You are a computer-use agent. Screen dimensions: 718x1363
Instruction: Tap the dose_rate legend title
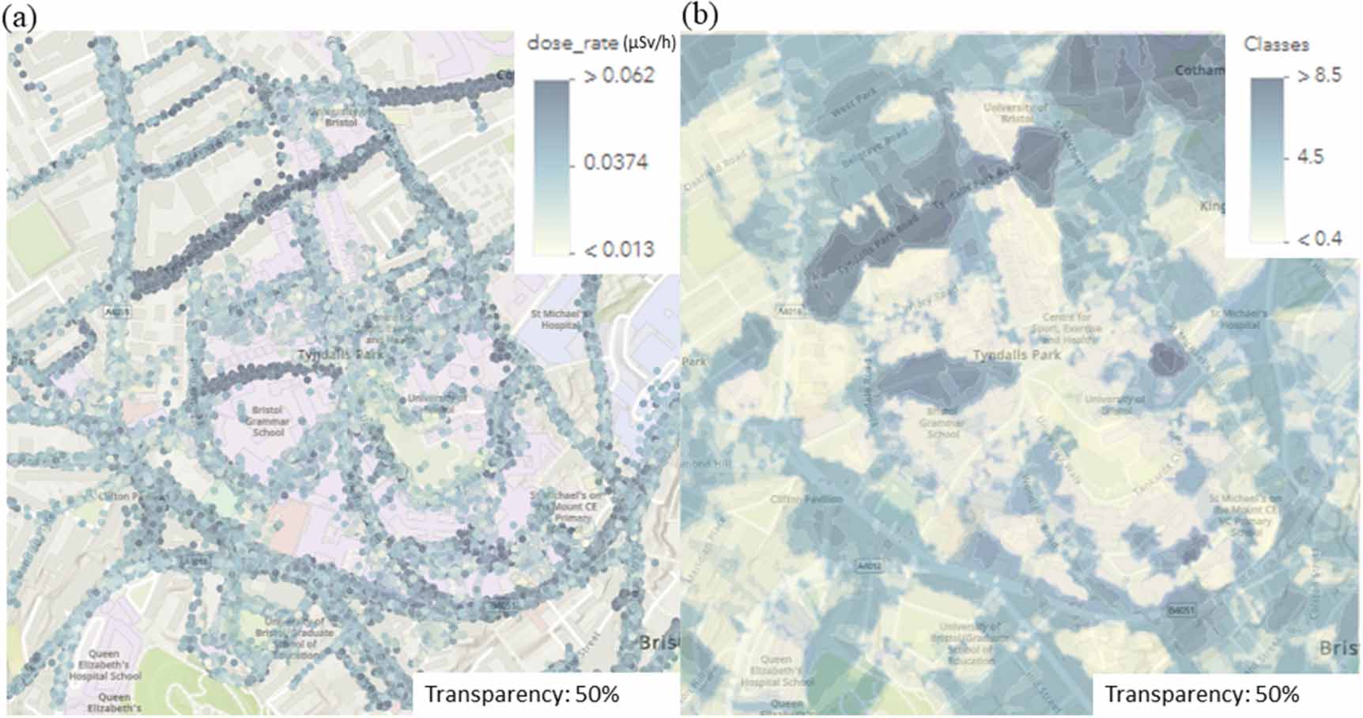coord(601,43)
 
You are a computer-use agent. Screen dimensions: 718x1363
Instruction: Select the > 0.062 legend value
coord(618,76)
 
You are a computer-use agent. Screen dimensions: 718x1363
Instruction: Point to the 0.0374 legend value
coord(615,162)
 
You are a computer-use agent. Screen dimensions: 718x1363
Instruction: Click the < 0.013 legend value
coord(618,250)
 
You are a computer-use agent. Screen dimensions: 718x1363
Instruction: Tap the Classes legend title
coord(1276,44)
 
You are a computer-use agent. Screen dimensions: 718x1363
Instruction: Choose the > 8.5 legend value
coord(1319,76)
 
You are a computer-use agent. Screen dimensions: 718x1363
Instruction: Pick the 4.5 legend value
coord(1310,157)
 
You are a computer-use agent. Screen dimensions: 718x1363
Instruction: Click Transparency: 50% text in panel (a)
coord(522,694)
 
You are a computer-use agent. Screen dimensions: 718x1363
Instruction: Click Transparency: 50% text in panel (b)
coord(1202,694)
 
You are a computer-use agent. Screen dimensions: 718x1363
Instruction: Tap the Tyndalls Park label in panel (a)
coord(340,354)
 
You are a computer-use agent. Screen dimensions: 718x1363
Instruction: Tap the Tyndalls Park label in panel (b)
coord(1016,355)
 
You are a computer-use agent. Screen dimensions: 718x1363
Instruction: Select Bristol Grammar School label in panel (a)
coord(267,421)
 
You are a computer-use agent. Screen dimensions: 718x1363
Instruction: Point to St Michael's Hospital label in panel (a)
coord(557,319)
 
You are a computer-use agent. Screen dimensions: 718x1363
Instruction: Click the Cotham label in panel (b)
coord(1199,70)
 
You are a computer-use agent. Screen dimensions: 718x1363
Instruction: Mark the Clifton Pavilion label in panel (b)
coord(806,499)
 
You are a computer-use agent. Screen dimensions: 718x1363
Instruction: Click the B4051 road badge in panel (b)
coord(1182,610)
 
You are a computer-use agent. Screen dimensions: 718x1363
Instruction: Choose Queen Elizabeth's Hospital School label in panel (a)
coord(104,665)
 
